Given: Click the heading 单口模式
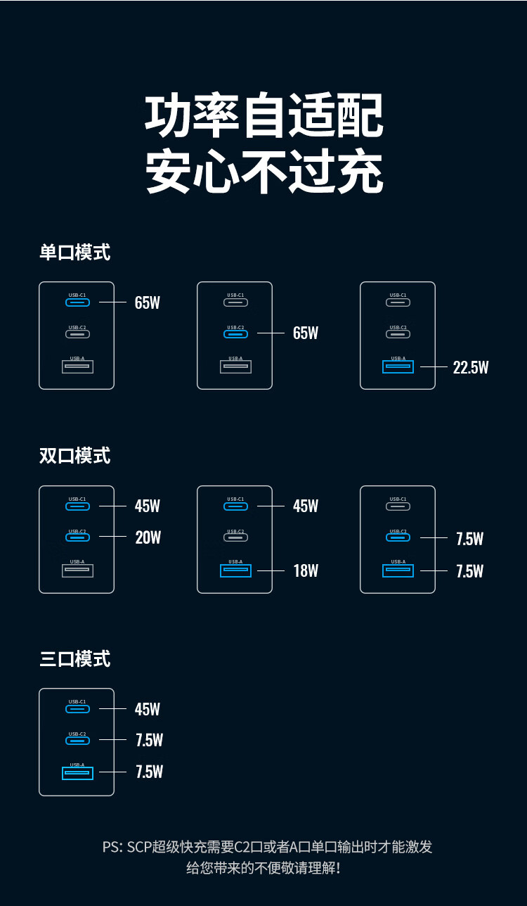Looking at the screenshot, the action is (x=74, y=253).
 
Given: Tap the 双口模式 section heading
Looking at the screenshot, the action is (x=74, y=456).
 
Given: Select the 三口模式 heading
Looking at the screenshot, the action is (x=74, y=659).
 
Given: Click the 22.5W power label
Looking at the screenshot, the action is (x=471, y=368).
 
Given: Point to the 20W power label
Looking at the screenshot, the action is (x=148, y=537).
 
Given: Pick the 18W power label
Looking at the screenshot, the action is (x=306, y=570).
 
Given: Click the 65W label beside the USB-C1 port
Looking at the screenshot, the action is (x=148, y=302).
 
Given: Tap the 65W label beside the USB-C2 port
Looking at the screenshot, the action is (x=306, y=333).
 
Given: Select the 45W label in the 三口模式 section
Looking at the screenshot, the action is (x=148, y=709).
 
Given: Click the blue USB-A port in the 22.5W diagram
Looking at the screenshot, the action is (x=398, y=367).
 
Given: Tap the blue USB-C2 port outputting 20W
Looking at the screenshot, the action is (x=77, y=537).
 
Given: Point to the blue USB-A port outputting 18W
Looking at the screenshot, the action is (x=235, y=570).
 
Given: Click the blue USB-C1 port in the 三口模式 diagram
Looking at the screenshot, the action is (x=77, y=708).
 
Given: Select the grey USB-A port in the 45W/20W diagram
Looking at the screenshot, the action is (x=77, y=570).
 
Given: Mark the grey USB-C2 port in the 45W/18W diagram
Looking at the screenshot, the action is (x=235, y=537).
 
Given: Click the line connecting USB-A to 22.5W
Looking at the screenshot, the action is (x=434, y=367).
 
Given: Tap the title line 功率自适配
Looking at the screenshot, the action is (x=264, y=115).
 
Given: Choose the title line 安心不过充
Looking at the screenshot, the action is (x=264, y=171).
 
